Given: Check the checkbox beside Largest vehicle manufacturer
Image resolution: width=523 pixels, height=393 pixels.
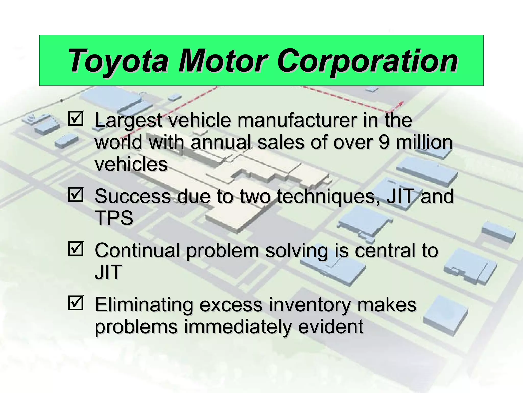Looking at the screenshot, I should coord(76,118).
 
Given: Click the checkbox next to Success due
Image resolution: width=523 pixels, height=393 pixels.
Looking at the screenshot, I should coord(76,194).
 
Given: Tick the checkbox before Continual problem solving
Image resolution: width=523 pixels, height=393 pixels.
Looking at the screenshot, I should coord(76,248).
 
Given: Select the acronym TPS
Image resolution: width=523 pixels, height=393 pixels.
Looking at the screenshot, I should coord(114,218).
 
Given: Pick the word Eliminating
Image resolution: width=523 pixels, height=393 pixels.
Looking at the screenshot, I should coord(144,305).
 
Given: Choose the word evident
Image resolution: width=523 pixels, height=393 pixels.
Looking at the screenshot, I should coord(331,327).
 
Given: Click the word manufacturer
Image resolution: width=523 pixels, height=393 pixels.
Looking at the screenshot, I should coord(296,120).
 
